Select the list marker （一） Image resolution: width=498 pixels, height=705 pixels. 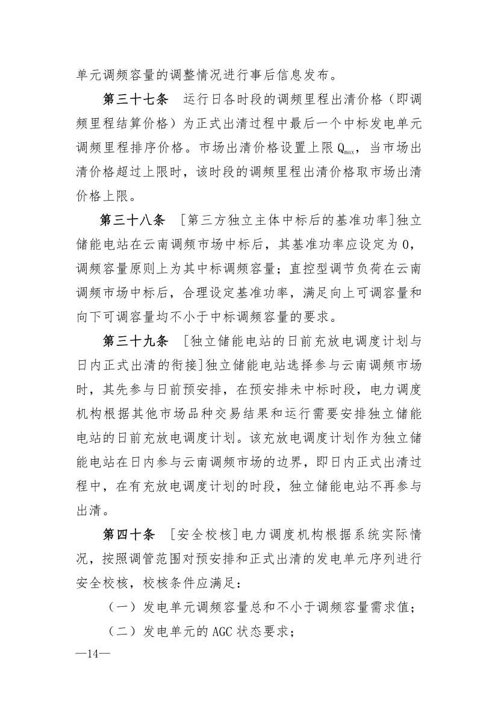pos(121,607)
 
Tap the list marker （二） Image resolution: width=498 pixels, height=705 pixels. pos(121,632)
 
